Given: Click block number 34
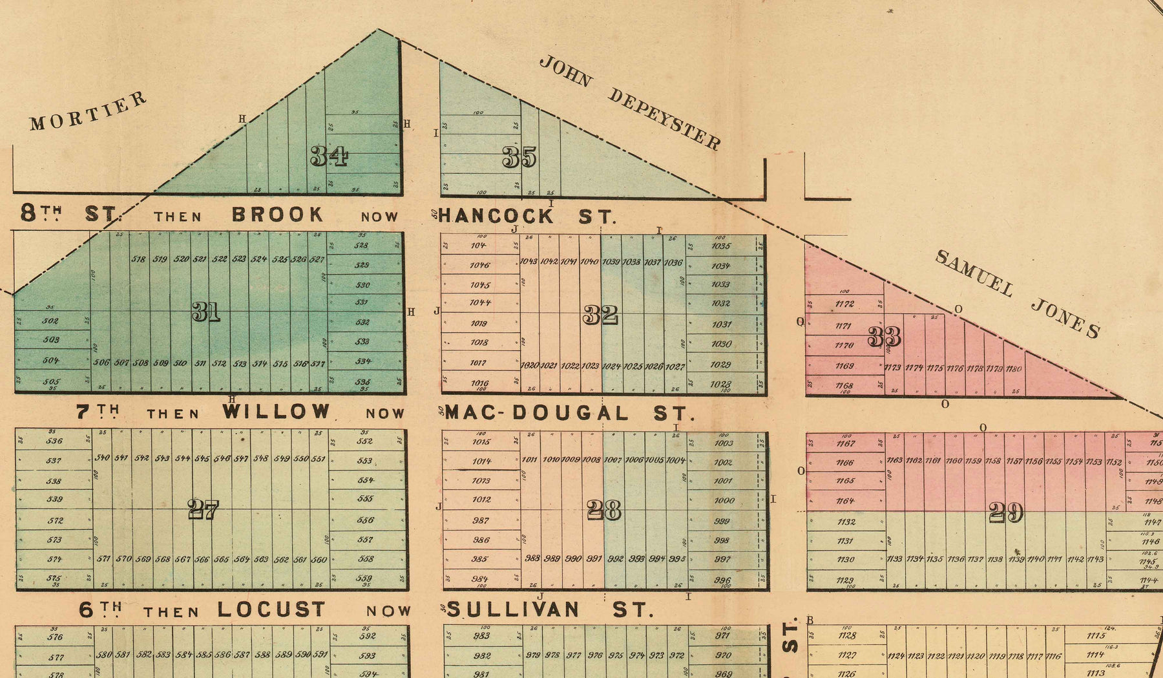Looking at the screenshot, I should (x=329, y=156).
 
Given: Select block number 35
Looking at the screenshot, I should (x=519, y=157).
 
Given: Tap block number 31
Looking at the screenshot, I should (x=206, y=312).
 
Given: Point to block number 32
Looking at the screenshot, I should (x=600, y=315).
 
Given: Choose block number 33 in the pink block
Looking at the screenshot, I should (x=885, y=337).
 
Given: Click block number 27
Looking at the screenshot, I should (x=204, y=510).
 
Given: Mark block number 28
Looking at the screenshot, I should (x=604, y=511).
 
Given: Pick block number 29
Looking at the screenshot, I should (x=1006, y=513).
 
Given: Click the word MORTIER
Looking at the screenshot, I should (x=88, y=111).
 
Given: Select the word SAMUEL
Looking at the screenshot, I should (x=974, y=273).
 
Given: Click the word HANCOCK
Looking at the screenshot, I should (x=496, y=216).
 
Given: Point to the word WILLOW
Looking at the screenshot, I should (x=276, y=412).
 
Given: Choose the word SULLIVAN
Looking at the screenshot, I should (x=513, y=609).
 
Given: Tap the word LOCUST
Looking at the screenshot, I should (x=271, y=609).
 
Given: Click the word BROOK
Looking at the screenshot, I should (x=277, y=215).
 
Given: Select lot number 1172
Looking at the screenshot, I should (x=844, y=304).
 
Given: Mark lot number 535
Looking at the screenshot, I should (x=362, y=382).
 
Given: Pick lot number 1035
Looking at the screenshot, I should (x=720, y=246).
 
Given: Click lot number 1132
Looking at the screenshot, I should (x=846, y=522).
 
